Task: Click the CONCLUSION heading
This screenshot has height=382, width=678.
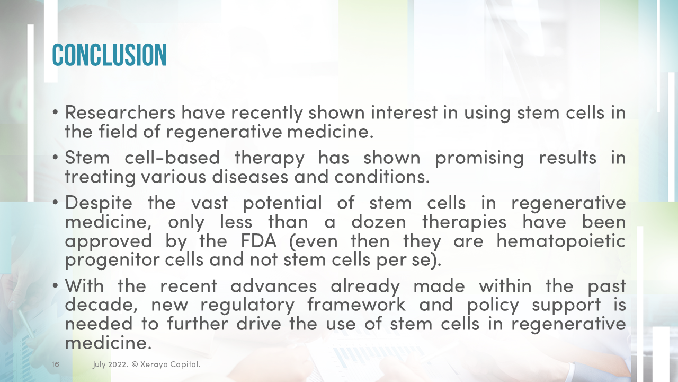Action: [x=109, y=55]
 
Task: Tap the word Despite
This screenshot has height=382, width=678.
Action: [x=100, y=203]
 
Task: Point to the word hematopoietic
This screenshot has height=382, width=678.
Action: [x=561, y=240]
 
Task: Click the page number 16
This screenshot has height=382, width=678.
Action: [x=55, y=365]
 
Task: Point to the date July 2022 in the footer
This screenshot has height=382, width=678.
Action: [x=109, y=365]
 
